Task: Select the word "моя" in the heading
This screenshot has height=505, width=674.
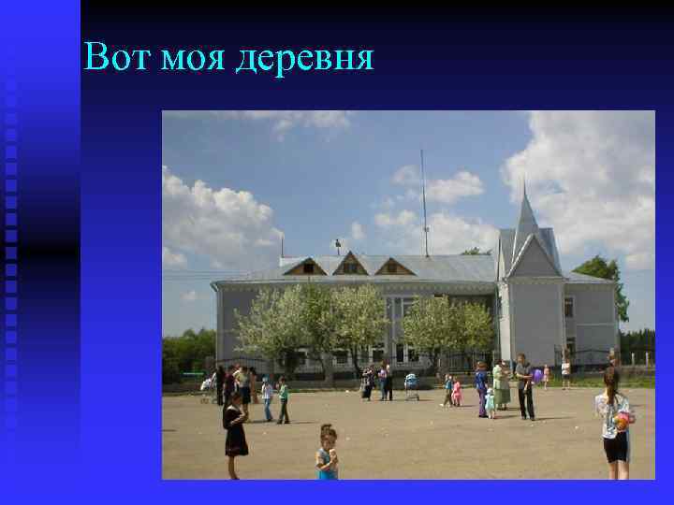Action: click(x=192, y=60)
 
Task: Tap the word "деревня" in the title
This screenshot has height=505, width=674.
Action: click(x=304, y=61)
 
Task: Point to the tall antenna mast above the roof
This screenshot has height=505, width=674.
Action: click(x=424, y=201)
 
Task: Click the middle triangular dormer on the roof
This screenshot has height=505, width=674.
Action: click(x=350, y=265)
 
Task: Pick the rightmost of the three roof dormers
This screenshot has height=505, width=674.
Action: click(x=394, y=267)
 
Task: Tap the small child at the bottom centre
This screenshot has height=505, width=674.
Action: click(x=327, y=454)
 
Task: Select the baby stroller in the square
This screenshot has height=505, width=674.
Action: click(x=411, y=384)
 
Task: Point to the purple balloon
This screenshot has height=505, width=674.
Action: click(x=537, y=375)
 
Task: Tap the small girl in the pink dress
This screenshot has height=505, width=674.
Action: click(x=456, y=393)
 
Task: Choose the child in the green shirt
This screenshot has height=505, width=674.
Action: click(x=283, y=400)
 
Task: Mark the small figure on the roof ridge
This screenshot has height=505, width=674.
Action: click(x=337, y=246)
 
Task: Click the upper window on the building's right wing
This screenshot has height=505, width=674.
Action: click(x=568, y=307)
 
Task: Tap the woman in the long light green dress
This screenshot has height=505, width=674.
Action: click(x=502, y=384)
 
